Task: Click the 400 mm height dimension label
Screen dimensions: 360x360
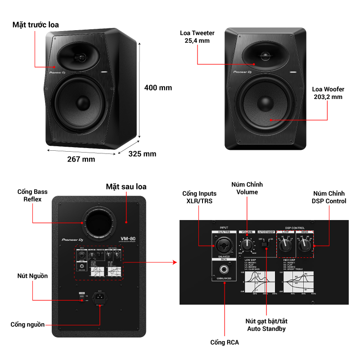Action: click(x=158, y=88)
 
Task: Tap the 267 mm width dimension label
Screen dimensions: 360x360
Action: click(x=81, y=159)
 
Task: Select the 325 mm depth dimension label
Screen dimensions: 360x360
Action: click(x=142, y=154)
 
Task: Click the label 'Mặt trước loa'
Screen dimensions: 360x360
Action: click(x=36, y=25)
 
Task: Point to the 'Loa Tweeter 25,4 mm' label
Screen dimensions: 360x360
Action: click(x=197, y=37)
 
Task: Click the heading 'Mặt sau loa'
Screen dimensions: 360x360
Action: click(x=126, y=186)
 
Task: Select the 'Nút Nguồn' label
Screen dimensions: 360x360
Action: click(x=32, y=275)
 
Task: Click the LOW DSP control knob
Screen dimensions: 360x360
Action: click(x=284, y=245)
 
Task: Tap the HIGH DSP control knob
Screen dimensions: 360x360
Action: click(x=305, y=245)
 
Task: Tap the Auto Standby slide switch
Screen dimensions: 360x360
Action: click(x=266, y=243)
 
